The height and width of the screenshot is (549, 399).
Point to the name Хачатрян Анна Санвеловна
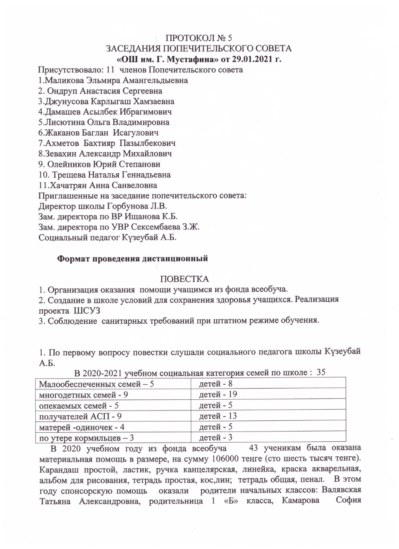98,185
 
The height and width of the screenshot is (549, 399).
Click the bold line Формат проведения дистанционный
133,259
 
